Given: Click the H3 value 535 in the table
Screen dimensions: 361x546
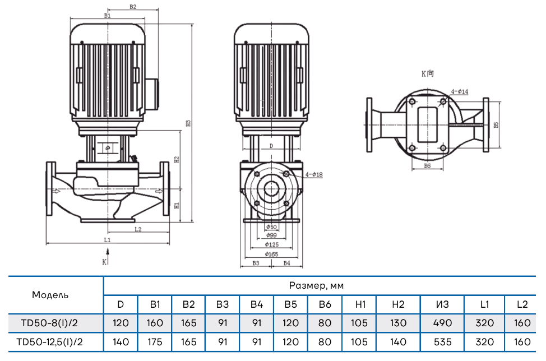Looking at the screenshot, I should tap(442, 341).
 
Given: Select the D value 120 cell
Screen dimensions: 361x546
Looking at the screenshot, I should tap(121, 323).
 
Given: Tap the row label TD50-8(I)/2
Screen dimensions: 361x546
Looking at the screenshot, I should tap(50, 323).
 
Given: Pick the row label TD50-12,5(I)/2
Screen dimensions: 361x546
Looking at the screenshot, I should tap(53, 341).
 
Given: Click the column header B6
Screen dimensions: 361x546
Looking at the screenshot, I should tap(324, 304).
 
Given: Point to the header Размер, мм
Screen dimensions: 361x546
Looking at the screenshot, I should tap(316, 286).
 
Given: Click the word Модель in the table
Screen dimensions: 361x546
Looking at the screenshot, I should tap(50, 295).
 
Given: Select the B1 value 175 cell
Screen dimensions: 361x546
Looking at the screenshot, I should tap(155, 341).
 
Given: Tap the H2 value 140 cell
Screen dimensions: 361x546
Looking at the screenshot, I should tap(398, 341).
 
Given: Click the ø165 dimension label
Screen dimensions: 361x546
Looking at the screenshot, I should tap(271, 254).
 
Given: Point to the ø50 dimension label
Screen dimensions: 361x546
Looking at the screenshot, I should tap(271, 227).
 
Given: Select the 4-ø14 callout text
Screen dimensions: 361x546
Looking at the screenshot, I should tap(460, 91).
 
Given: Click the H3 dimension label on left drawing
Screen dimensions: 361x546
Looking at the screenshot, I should tap(189, 123).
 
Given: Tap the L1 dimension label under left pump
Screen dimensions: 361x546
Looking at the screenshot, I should tap(108, 239).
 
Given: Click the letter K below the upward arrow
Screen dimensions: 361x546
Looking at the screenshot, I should tap(104, 262).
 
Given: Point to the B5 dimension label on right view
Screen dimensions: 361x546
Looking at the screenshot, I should tap(496, 126).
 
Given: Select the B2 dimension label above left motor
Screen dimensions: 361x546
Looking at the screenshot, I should tap(133, 7).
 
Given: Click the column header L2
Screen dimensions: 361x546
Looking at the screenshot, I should tap(522, 304).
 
